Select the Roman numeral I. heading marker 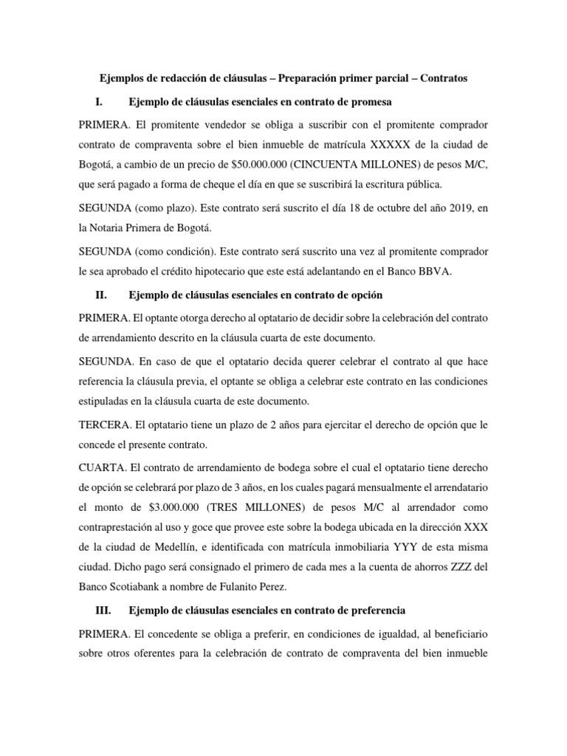click(x=102, y=100)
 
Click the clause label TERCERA click(x=104, y=425)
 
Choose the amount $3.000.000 click(x=177, y=508)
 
